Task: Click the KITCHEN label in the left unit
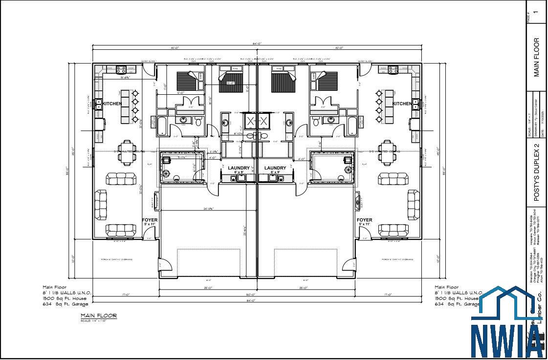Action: point(112,104)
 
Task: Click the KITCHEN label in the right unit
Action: point(402,104)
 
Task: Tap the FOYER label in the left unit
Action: point(150,220)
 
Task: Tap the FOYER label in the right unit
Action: point(364,220)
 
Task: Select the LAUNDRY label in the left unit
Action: point(239,168)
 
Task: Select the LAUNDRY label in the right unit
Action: point(275,168)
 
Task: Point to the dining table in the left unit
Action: point(127,152)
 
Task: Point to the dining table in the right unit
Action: point(387,152)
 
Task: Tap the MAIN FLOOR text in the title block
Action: point(536,57)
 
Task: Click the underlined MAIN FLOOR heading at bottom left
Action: point(99,316)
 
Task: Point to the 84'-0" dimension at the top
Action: point(257,43)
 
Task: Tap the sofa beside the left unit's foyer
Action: point(121,229)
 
